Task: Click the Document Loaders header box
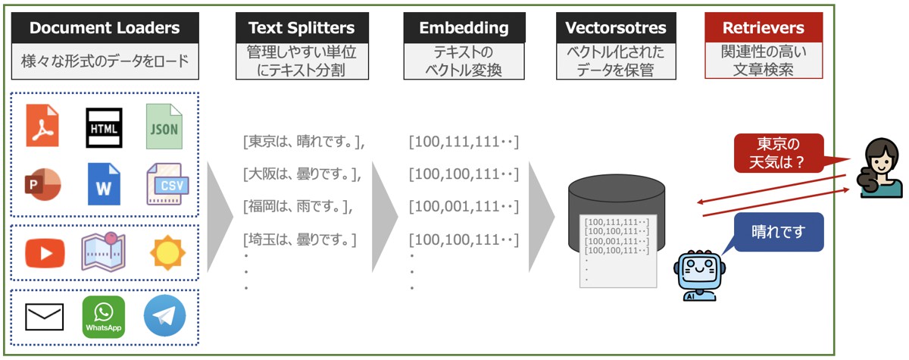pyautogui.click(x=105, y=29)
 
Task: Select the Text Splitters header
pyautogui.click(x=301, y=29)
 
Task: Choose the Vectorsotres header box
pyautogui.click(x=616, y=29)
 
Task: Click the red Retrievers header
pyautogui.click(x=763, y=29)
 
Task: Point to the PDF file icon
pyautogui.click(x=42, y=126)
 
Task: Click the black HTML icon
pyautogui.click(x=104, y=127)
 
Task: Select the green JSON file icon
pyautogui.click(x=164, y=126)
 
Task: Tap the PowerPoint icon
pyautogui.click(x=42, y=184)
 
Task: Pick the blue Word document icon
pyautogui.click(x=104, y=184)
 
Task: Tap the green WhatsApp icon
pyautogui.click(x=104, y=317)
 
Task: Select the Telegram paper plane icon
pyautogui.click(x=164, y=317)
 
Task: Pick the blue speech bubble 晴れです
pyautogui.click(x=778, y=231)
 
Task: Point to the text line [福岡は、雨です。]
pyautogui.click(x=298, y=206)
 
